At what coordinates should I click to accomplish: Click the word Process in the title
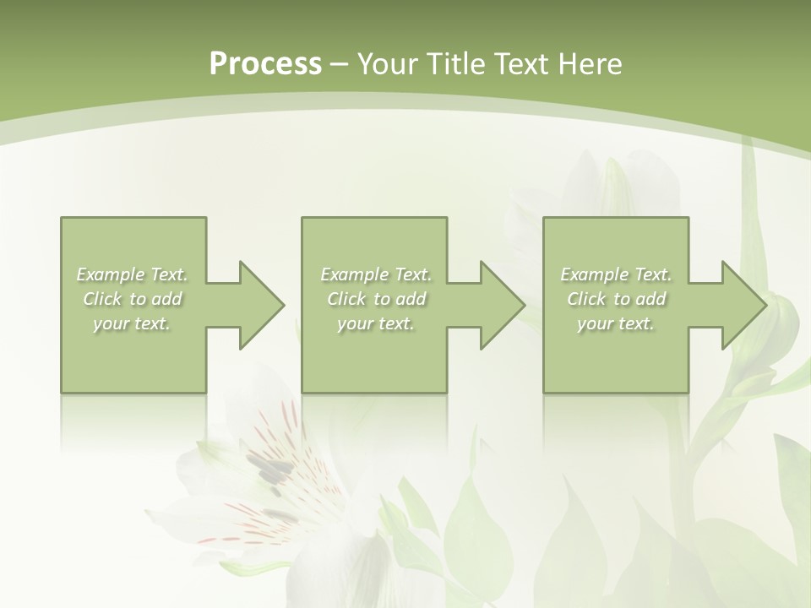265,64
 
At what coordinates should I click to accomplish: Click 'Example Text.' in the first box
132,274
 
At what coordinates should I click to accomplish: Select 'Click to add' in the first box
132,299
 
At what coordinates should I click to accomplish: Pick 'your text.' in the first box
132,323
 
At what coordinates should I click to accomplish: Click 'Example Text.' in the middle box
376,274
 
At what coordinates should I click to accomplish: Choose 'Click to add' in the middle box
376,299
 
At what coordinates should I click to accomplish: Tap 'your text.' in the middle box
376,323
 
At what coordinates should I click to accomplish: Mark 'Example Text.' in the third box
616,274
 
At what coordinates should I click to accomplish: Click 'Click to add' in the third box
616,299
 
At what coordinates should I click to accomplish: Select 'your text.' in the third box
616,323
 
